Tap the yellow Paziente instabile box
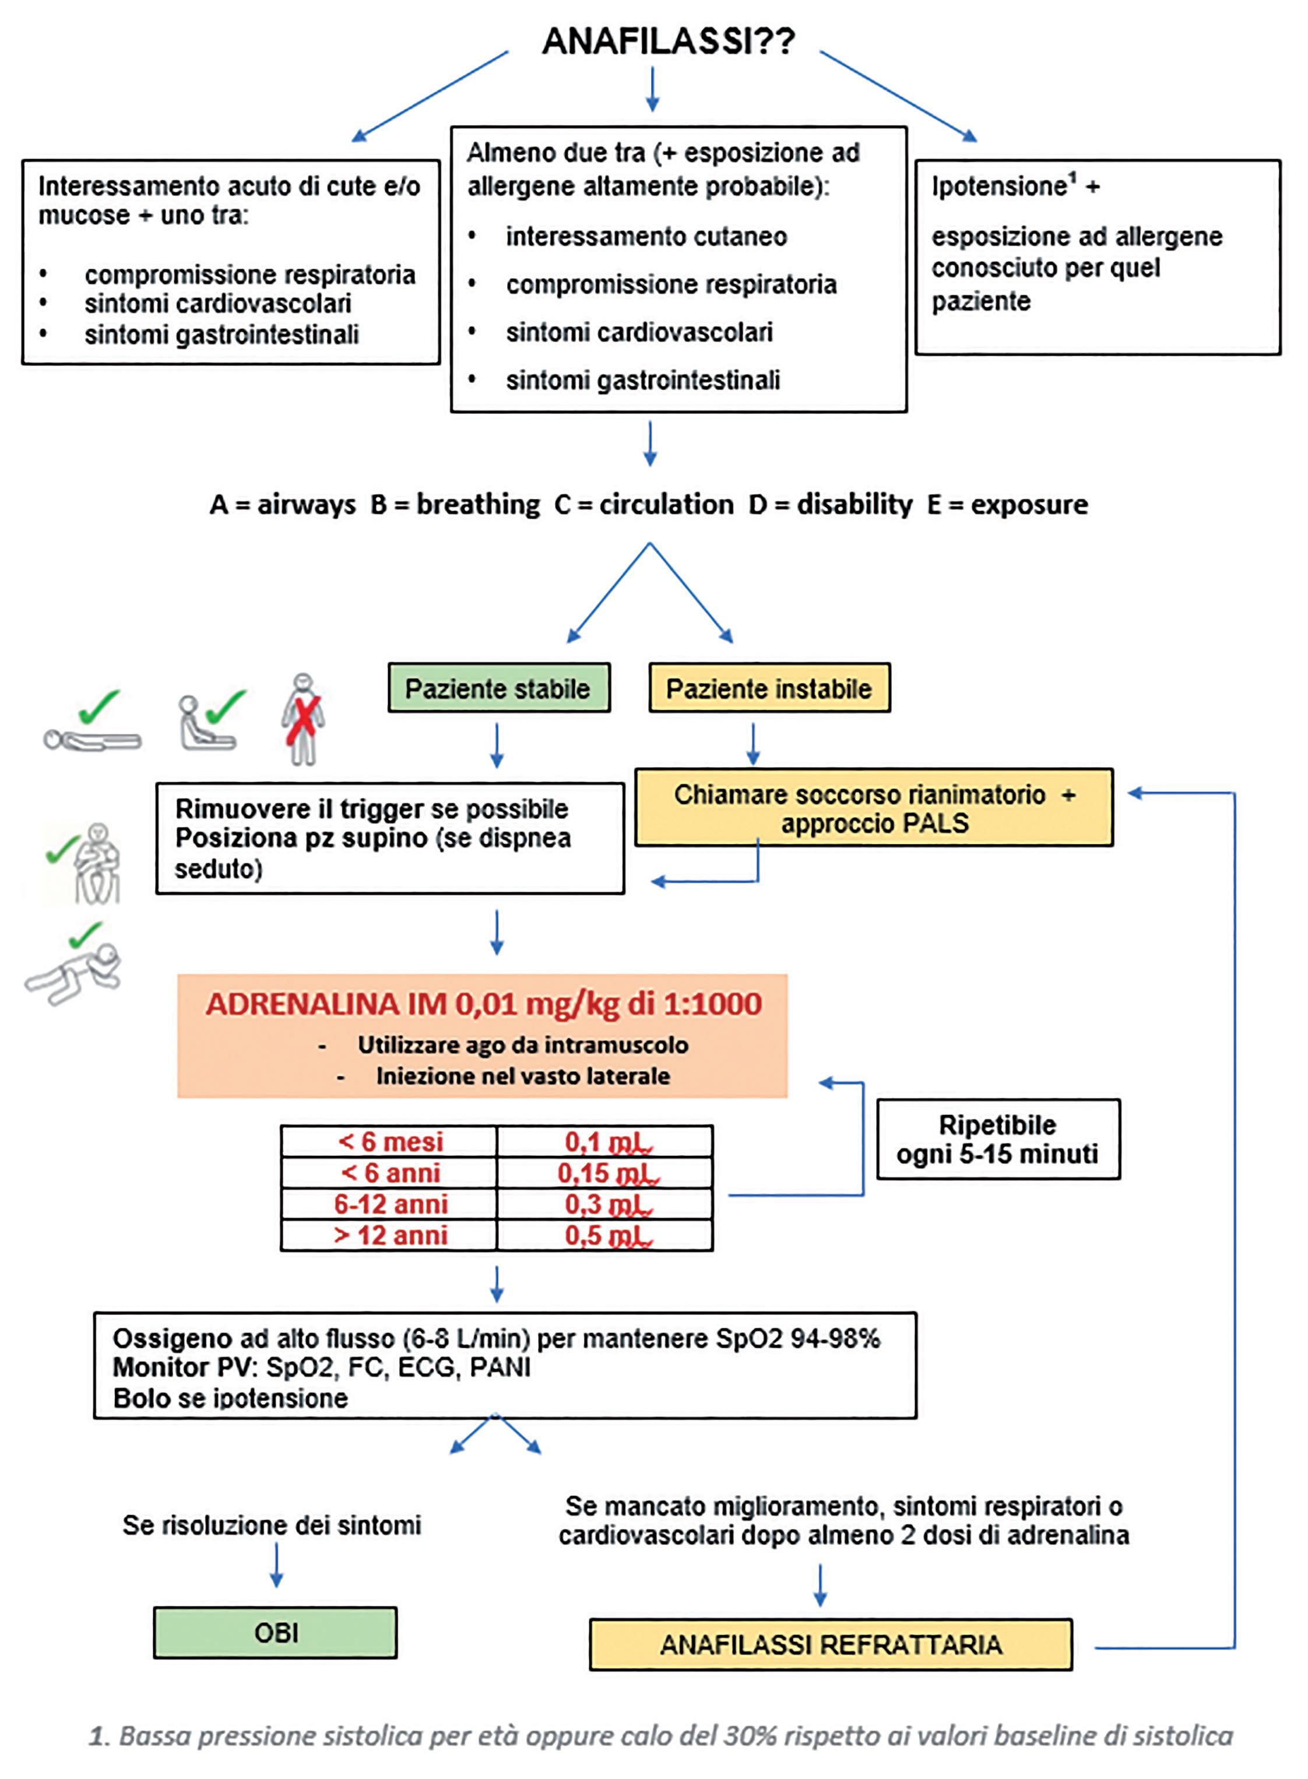pos(769,688)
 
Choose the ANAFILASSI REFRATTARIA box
pos(831,1644)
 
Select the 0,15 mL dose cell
pos(606,1173)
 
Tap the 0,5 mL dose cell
pos(606,1235)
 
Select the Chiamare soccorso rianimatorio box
pos(874,807)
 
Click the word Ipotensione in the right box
pos(999,187)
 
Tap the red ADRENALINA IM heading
pos(483,1004)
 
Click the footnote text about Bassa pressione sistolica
pos(661,1735)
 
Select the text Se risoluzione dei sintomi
pos(272,1524)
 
